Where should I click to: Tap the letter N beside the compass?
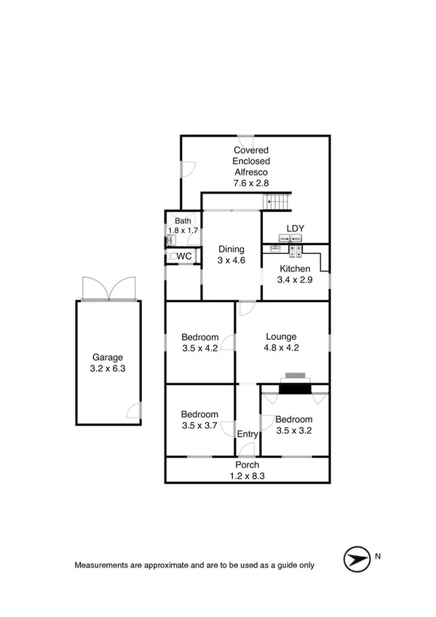[x=377, y=557]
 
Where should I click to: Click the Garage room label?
[x=107, y=357]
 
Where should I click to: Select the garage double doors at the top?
[x=108, y=289]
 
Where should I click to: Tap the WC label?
[x=184, y=256]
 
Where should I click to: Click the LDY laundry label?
[x=295, y=229]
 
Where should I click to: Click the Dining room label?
[x=231, y=250]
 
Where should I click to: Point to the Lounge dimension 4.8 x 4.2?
[x=281, y=348]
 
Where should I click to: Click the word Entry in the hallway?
[x=247, y=434]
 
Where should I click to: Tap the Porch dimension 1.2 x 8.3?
[x=247, y=476]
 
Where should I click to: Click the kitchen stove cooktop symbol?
[x=297, y=252]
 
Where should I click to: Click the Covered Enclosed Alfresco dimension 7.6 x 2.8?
[x=251, y=184]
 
